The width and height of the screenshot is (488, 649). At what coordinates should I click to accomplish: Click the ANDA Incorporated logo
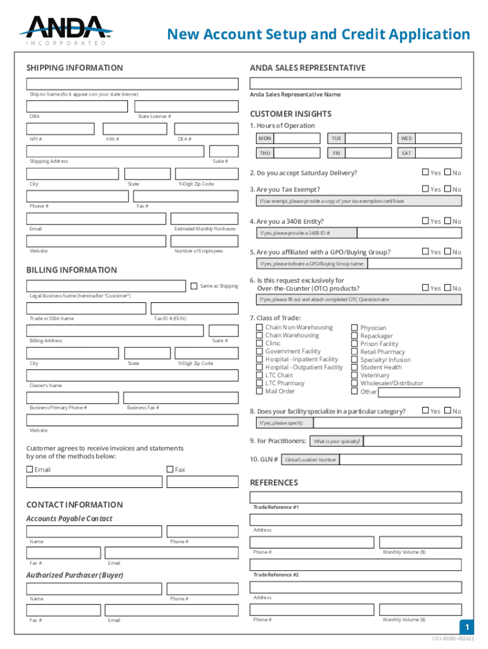tap(66, 30)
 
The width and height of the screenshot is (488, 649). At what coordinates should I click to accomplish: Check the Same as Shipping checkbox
tap(194, 286)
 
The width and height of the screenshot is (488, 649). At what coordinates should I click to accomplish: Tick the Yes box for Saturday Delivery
tap(425, 172)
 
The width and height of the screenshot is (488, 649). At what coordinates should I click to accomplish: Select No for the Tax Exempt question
tap(447, 189)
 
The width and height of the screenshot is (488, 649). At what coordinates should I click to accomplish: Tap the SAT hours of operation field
tap(429, 153)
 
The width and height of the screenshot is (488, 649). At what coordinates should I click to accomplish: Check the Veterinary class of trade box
tap(354, 375)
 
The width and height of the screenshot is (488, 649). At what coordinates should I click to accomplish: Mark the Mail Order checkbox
tap(259, 391)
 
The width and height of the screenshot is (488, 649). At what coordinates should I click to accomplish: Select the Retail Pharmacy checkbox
tap(354, 352)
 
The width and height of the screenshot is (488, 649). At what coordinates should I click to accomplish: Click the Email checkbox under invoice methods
tap(30, 470)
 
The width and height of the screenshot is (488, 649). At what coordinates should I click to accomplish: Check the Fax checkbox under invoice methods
tap(170, 470)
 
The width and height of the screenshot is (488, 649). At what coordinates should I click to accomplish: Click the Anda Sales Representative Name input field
tap(356, 84)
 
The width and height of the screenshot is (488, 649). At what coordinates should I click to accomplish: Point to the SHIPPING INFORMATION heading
tap(74, 68)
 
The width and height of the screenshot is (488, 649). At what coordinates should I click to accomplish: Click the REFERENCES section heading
tap(274, 483)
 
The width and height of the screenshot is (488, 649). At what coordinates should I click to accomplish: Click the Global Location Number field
tap(310, 460)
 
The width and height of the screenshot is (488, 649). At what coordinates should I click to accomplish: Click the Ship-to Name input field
tap(132, 84)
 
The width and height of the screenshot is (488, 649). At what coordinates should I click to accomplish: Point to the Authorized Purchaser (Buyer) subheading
tap(74, 575)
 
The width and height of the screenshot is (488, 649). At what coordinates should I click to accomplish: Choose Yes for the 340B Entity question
tap(425, 221)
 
